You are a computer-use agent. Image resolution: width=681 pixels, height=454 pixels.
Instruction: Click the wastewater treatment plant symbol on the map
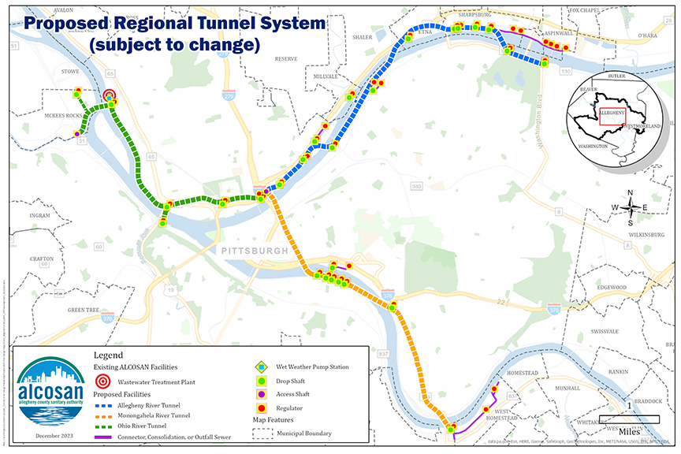110,97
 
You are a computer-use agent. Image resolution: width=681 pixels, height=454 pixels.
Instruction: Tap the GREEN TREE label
82,311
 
